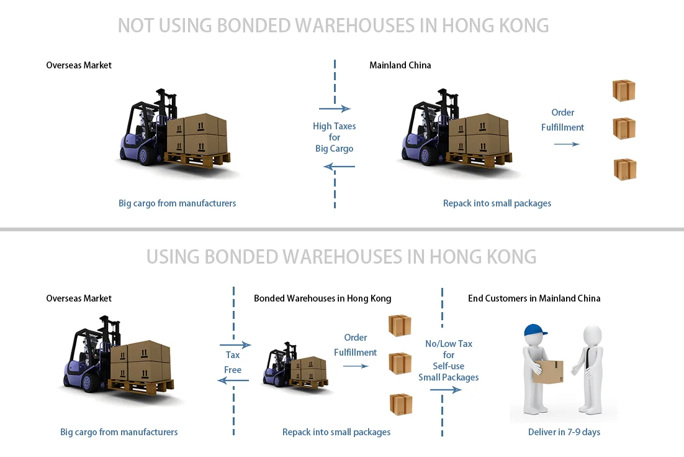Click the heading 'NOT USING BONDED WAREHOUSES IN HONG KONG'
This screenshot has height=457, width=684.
click(333, 25)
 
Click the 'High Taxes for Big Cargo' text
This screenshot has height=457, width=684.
click(334, 137)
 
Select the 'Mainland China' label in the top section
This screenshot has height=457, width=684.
click(400, 65)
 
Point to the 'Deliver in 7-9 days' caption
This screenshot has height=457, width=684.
click(564, 432)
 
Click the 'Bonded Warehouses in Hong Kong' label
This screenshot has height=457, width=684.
click(322, 298)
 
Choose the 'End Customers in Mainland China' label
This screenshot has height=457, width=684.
click(534, 298)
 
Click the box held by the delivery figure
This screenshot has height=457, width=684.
click(549, 372)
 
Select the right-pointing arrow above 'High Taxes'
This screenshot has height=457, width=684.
click(335, 109)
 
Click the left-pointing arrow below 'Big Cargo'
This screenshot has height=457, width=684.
click(339, 167)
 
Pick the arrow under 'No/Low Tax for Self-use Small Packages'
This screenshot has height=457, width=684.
click(446, 390)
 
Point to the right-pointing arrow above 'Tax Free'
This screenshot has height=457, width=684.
click(235, 344)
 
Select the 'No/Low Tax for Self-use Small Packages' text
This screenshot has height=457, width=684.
click(448, 361)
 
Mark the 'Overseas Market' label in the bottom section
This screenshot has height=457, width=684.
click(79, 298)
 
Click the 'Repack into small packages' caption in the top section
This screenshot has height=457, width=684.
click(497, 203)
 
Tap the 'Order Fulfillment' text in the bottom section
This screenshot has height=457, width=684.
click(355, 345)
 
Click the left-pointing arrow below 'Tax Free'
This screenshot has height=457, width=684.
click(233, 381)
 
